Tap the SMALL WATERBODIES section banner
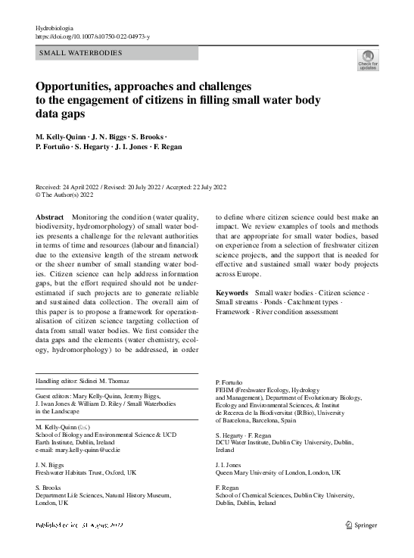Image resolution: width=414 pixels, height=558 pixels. click(79, 53)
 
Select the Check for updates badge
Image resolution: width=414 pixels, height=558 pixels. click(368, 59)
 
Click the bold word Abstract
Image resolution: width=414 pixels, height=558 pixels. click(50, 217)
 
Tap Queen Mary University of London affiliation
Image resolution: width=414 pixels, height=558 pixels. click(278, 472)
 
